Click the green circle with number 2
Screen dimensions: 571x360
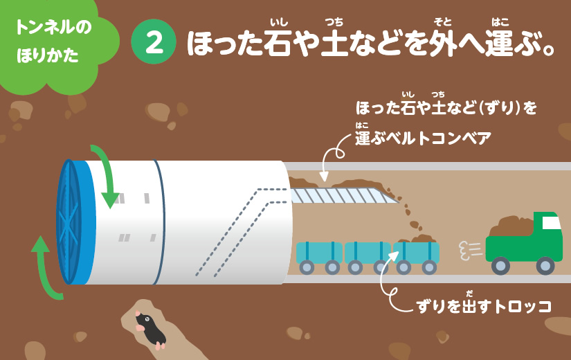[x=154, y=42]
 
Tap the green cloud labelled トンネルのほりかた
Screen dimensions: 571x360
[x=55, y=42]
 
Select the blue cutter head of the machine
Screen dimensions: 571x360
[x=75, y=222]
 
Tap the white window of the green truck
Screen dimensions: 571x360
[x=551, y=223]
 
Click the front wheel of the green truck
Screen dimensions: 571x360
[x=545, y=265]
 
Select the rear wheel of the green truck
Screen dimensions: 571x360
[x=500, y=265]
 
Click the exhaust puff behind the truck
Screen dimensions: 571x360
[x=471, y=251]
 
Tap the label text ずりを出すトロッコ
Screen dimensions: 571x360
[x=484, y=307]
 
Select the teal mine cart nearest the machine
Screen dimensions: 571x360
[x=319, y=258]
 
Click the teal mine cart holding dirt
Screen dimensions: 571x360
[x=416, y=255]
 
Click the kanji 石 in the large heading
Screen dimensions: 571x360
[x=279, y=43]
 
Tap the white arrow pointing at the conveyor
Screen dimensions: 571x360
[x=332, y=157]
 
